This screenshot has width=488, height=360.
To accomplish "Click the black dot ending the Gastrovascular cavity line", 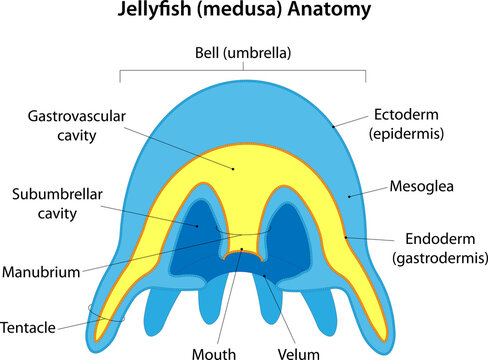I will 234,169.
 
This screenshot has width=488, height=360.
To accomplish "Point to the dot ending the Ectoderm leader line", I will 334,127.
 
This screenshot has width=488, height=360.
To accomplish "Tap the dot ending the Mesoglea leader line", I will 349,197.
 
